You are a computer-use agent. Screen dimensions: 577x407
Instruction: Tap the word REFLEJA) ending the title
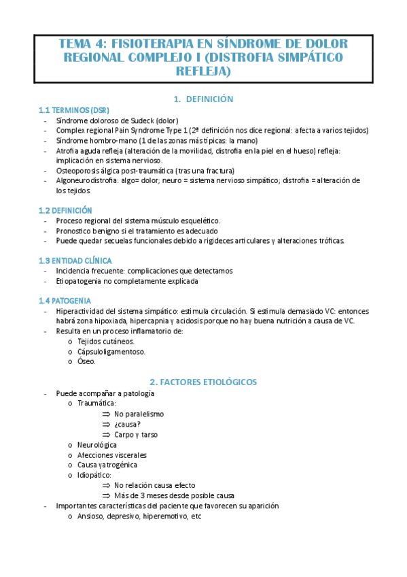pyautogui.click(x=203, y=71)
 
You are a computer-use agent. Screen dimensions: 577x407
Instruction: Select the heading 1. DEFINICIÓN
pyautogui.click(x=203, y=99)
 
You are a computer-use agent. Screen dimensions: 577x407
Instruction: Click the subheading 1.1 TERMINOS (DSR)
pyautogui.click(x=74, y=110)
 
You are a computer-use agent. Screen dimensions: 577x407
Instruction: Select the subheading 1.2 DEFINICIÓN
pyautogui.click(x=65, y=211)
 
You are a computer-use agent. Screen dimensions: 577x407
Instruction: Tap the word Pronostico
pyautogui.click(x=75, y=231)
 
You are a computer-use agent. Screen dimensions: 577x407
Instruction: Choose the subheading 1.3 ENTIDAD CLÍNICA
pyautogui.click(x=75, y=261)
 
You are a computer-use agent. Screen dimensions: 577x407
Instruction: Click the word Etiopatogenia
pyautogui.click(x=81, y=280)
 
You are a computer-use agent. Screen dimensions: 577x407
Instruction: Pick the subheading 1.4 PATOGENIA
pyautogui.click(x=65, y=301)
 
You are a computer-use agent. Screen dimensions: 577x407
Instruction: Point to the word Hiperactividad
pyautogui.click(x=82, y=311)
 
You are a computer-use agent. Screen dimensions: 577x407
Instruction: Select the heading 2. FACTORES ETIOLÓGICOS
pyautogui.click(x=203, y=382)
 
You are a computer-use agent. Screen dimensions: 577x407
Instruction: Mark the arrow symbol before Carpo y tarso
pyautogui.click(x=106, y=434)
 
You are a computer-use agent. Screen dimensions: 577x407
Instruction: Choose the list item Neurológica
pyautogui.click(x=97, y=444)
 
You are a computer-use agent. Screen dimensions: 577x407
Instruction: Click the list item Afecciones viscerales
pyautogui.click(x=112, y=455)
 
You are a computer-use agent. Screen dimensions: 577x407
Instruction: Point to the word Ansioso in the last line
pyautogui.click(x=92, y=516)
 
